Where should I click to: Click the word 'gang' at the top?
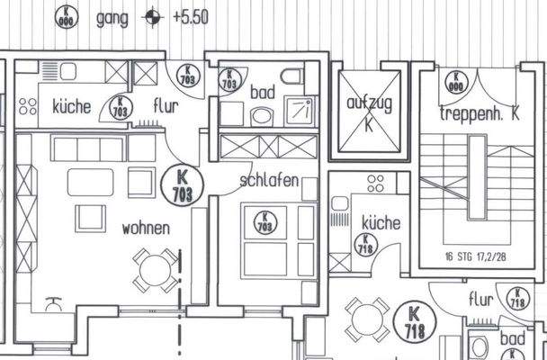[x=111, y=17]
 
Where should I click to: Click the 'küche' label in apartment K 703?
[x=72, y=106]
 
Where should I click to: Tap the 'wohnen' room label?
[x=146, y=229]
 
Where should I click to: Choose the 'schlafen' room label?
[x=269, y=179]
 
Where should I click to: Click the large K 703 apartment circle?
[x=187, y=185]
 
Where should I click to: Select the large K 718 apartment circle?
[x=415, y=321]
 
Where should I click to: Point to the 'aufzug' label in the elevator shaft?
[x=369, y=104]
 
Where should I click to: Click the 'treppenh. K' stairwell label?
[x=479, y=113]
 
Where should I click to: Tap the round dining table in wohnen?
[x=157, y=267]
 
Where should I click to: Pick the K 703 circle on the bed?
[x=264, y=221]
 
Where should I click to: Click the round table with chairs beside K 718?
[x=364, y=319]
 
